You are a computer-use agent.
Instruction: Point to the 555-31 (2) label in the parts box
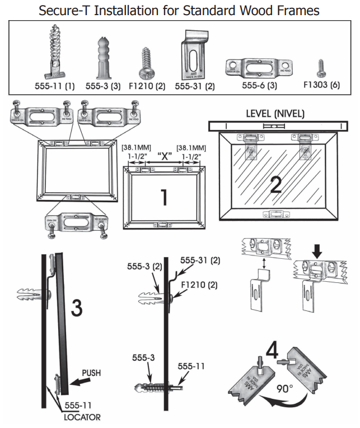[195, 87]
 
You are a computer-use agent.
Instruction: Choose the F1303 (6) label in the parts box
[320, 87]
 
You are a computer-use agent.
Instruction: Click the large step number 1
[163, 197]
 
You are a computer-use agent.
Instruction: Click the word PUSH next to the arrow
[92, 371]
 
